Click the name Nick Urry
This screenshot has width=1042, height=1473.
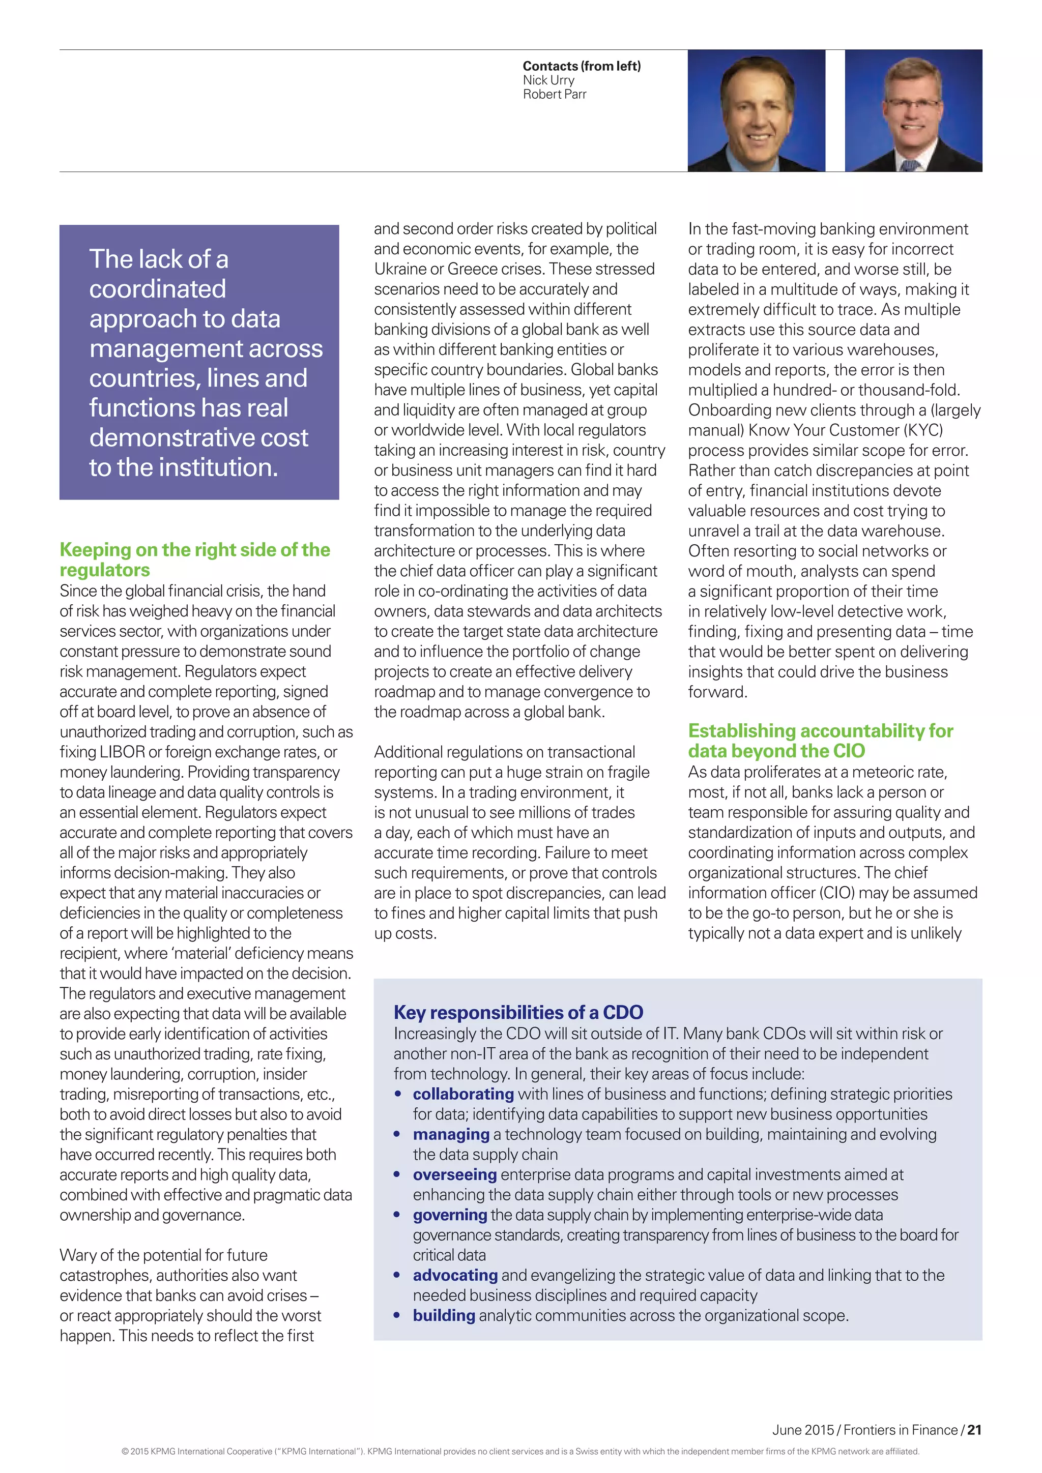pyautogui.click(x=548, y=80)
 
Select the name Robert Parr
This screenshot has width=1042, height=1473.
pyautogui.click(x=555, y=94)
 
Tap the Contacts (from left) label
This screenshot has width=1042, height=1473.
pyautogui.click(x=582, y=66)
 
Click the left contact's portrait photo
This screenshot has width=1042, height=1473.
pyautogui.click(x=756, y=110)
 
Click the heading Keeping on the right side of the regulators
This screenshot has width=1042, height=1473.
pyautogui.click(x=194, y=559)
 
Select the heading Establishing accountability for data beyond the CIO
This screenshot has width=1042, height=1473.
pyautogui.click(x=820, y=741)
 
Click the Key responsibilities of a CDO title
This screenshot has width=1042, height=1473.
pyautogui.click(x=518, y=1012)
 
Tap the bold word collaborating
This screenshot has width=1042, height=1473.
pyautogui.click(x=464, y=1094)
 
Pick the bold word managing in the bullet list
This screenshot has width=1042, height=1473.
pyautogui.click(x=451, y=1134)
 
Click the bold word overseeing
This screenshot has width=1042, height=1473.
pyautogui.click(x=455, y=1174)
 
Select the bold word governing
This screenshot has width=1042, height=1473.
pyautogui.click(x=450, y=1215)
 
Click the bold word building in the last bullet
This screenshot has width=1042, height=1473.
pyautogui.click(x=444, y=1316)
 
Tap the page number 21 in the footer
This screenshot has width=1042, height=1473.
pyautogui.click(x=974, y=1430)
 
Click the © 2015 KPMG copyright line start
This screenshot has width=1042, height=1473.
pyautogui.click(x=148, y=1451)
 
